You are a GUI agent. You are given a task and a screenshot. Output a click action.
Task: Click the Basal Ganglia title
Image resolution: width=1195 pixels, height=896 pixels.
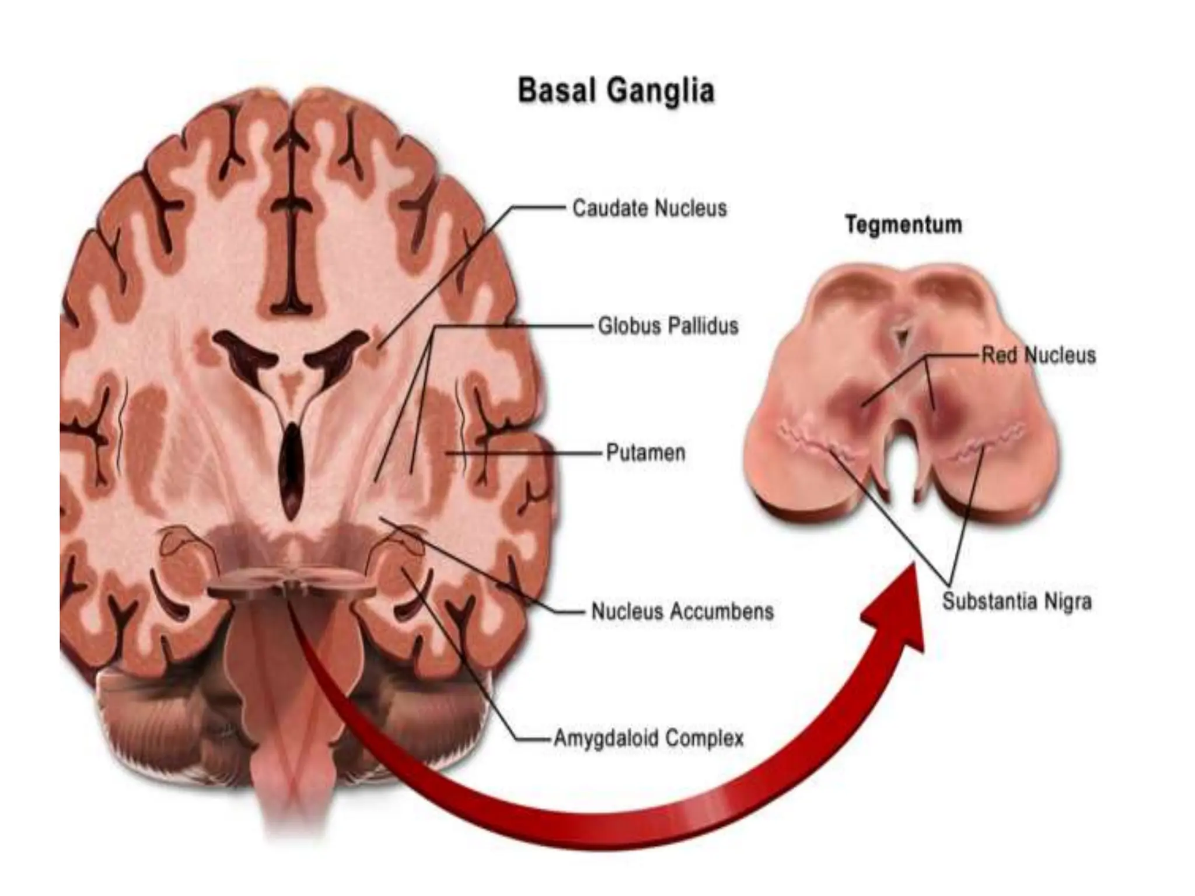tap(616, 92)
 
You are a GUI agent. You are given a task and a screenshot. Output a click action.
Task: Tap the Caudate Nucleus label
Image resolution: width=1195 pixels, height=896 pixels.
tap(649, 208)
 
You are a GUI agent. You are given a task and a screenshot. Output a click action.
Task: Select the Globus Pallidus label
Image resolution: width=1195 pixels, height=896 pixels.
tap(668, 325)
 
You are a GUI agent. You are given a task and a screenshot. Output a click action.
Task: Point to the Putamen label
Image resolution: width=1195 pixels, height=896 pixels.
tap(645, 453)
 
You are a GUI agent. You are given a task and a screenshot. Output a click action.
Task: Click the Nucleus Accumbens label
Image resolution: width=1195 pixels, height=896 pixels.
tap(682, 611)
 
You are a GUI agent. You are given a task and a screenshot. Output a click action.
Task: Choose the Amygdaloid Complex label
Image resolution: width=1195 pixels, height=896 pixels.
tap(648, 738)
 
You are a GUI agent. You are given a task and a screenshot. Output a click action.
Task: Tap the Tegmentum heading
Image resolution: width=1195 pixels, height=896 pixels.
tap(903, 225)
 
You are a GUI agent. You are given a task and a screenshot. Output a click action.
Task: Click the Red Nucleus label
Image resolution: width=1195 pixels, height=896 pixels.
tap(1038, 355)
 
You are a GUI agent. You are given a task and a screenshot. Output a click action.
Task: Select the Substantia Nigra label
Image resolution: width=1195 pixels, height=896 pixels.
tap(1016, 601)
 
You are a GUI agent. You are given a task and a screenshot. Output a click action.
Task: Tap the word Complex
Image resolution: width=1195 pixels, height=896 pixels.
tap(704, 738)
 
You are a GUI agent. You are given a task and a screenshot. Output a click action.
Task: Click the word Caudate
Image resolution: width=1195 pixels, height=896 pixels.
tap(610, 208)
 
